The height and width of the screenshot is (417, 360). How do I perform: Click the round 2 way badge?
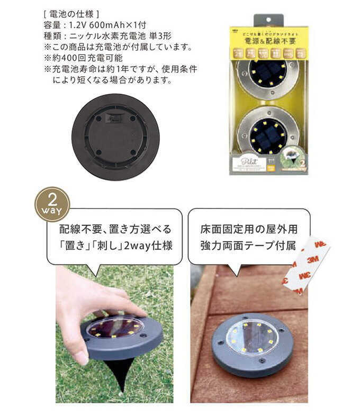click(51, 204)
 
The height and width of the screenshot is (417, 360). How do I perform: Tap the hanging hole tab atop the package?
click(268, 20)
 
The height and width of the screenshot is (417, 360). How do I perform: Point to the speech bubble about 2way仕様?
click(114, 237)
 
